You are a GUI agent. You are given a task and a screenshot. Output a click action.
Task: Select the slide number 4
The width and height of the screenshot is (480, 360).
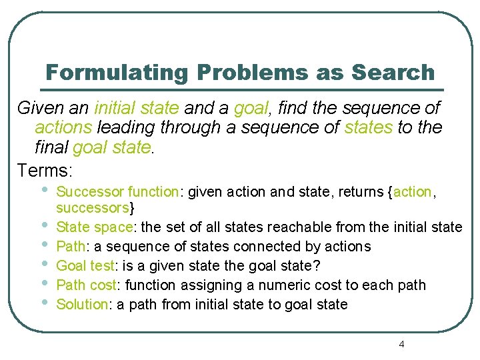[x=401, y=344]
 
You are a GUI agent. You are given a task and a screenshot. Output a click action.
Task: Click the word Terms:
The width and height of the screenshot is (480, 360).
[x=45, y=170]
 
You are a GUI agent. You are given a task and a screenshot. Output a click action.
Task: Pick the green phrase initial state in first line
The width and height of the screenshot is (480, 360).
[x=137, y=108]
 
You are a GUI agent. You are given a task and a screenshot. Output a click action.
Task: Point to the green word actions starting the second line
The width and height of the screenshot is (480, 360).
[x=64, y=127]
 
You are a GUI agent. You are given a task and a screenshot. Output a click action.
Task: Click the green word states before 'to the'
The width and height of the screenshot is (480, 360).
[x=369, y=127]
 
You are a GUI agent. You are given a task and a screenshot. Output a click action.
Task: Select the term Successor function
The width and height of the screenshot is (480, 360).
[x=117, y=192]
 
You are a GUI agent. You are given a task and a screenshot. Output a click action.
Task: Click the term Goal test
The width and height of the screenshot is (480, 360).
[x=85, y=265]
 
